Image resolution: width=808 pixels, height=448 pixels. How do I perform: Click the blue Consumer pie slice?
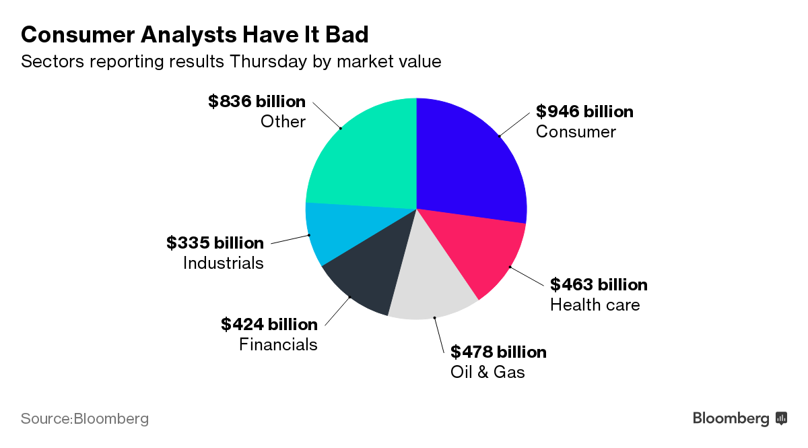pos(471,162)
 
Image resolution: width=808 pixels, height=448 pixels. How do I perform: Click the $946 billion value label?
pos(584,111)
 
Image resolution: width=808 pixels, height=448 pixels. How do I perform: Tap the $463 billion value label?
pos(599,284)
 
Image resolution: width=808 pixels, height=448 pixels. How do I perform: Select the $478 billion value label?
pos(498,352)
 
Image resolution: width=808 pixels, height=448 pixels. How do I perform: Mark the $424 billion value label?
pos(269,324)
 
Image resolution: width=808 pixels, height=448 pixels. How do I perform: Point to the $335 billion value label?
pos(215,243)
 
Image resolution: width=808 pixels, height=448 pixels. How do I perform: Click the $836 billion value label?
pos(257,102)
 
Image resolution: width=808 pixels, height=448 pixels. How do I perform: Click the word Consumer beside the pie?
pos(576,131)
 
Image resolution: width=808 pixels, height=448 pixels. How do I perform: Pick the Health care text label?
pos(595,305)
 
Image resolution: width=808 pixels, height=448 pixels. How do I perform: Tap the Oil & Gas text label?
pos(487,371)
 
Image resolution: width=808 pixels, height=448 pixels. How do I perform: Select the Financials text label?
pos(278,344)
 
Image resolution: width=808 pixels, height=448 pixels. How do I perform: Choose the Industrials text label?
pos(223,263)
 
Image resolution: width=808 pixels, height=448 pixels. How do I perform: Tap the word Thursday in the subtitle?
pos(269,61)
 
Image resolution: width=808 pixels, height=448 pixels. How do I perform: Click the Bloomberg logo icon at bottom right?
pos(782,418)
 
